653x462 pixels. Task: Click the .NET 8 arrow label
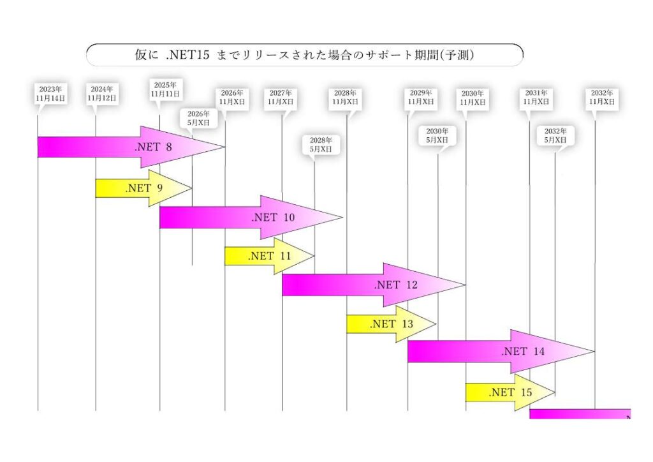point(153,147)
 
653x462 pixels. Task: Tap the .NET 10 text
point(273,218)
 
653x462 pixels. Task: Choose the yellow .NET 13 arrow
point(391,324)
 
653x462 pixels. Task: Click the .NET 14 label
point(523,352)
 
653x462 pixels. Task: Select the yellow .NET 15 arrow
point(510,392)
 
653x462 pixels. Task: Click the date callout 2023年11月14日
point(50,94)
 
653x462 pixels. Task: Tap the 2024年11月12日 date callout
point(102,94)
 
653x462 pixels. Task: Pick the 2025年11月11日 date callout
point(166,89)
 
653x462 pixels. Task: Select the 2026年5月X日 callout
point(198,117)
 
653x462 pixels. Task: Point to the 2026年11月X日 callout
point(232,97)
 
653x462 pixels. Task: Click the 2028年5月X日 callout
point(321,144)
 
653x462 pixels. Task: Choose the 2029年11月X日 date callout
point(421,97)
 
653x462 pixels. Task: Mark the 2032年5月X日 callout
point(555,135)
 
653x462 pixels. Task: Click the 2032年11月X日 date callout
point(602,97)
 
